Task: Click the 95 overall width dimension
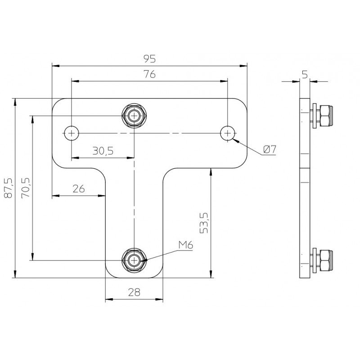coord(149,58)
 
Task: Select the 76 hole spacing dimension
coord(149,75)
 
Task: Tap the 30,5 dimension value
coord(103,151)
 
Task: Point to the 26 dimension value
coord(78,189)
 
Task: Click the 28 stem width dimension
coord(134,292)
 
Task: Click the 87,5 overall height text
coord(8,188)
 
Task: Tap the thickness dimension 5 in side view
coord(305,75)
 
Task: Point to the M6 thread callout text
coord(185,245)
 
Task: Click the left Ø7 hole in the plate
coord(71,133)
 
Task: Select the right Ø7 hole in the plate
coord(228,133)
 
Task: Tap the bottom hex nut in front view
coord(134,260)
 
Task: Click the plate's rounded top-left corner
coord(57,103)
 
